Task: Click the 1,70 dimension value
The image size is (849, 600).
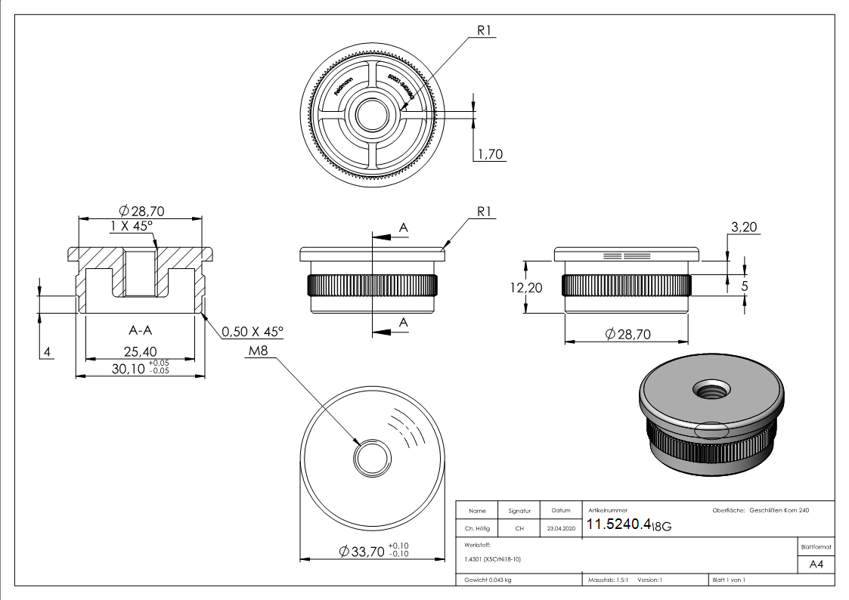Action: tap(491, 155)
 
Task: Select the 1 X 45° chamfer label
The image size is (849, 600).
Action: tap(132, 226)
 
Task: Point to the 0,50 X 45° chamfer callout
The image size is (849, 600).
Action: tap(253, 332)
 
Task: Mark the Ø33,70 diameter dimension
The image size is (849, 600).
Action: tap(363, 552)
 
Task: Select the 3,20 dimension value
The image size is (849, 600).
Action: tap(744, 226)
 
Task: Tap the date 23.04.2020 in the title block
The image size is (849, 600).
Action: tap(560, 528)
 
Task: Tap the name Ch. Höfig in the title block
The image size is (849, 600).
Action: tap(479, 528)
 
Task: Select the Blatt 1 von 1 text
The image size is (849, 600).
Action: tap(729, 580)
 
